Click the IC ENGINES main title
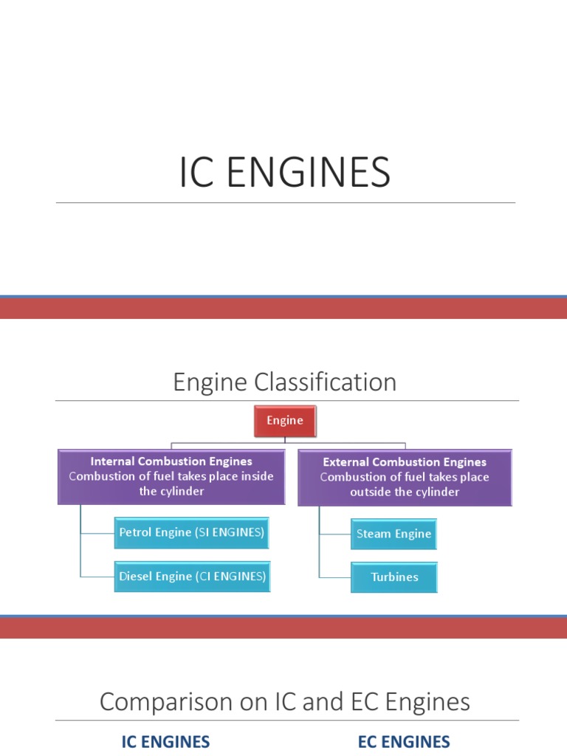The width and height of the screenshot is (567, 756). point(284,173)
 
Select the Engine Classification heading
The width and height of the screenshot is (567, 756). point(284,382)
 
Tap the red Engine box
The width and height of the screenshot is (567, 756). point(285,421)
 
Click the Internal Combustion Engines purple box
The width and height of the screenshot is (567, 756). point(171,477)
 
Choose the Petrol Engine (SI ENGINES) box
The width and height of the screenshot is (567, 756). point(192,532)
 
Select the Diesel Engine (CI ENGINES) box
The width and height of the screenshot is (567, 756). point(192,577)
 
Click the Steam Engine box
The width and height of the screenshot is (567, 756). point(394,534)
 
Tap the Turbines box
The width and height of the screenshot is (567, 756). point(394,577)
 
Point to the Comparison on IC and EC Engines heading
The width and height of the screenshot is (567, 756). point(284,701)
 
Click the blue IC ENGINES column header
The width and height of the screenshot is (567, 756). point(165,742)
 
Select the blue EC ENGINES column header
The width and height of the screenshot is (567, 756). point(404,742)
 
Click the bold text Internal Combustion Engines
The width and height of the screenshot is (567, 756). point(171,461)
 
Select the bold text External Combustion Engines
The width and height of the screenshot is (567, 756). point(405,462)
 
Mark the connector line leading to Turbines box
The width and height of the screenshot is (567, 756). point(334,577)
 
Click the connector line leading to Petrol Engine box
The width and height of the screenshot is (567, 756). point(97,532)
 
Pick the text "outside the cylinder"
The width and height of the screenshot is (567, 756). point(405,492)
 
